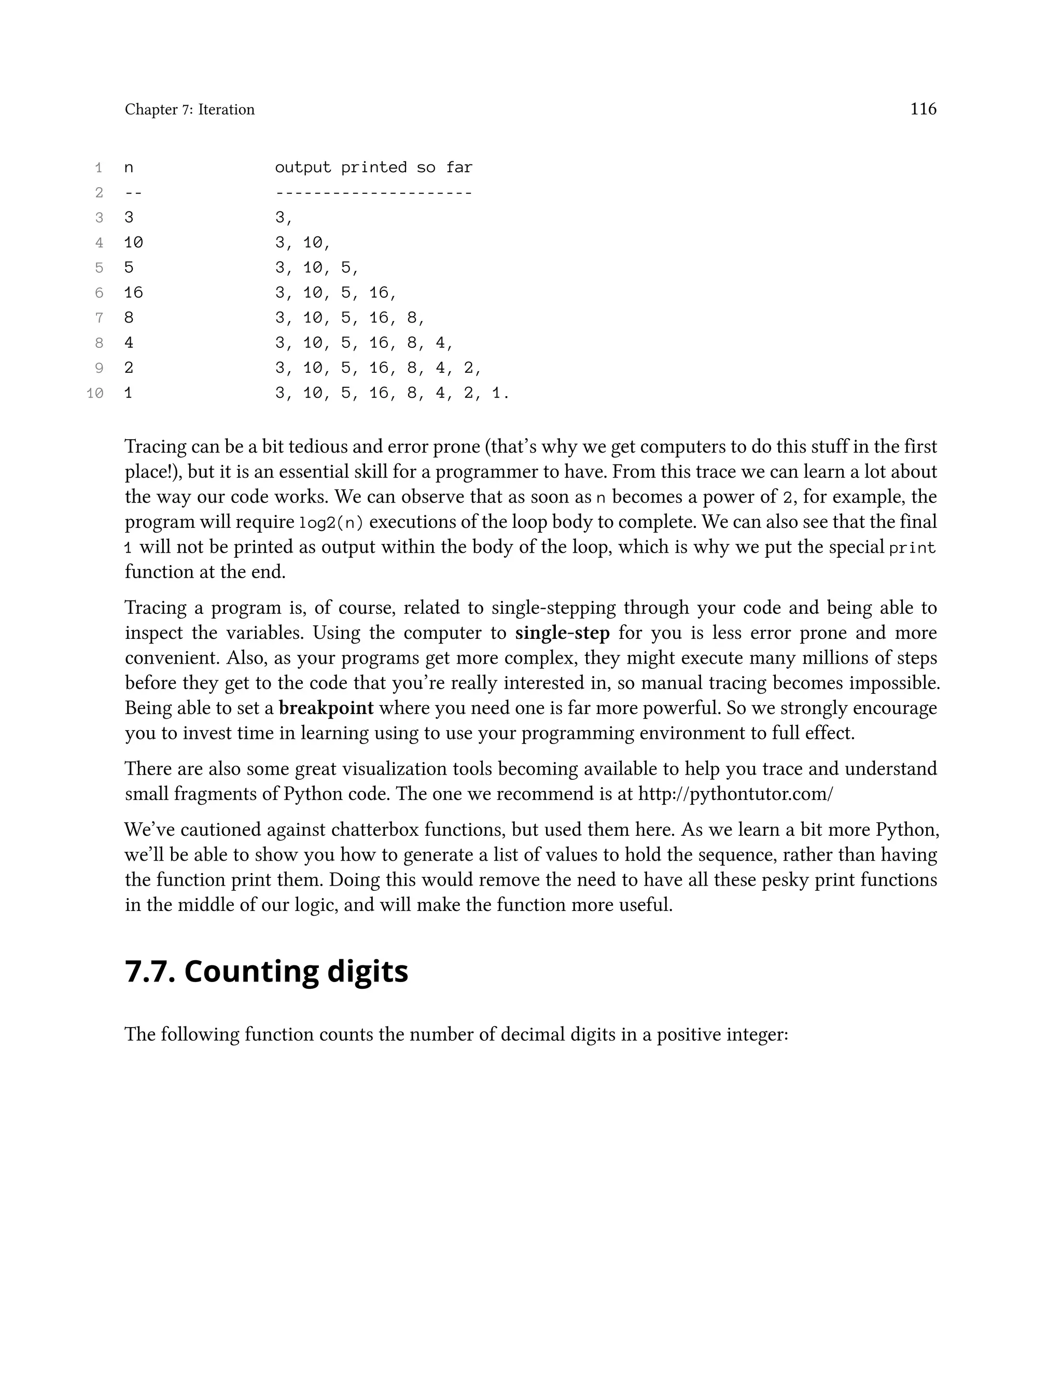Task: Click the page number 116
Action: (x=923, y=109)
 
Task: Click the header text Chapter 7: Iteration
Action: (x=189, y=109)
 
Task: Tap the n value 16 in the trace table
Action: (x=133, y=292)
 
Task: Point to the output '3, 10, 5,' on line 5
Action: (x=316, y=268)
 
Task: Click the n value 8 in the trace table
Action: (x=129, y=318)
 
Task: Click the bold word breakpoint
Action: (x=326, y=708)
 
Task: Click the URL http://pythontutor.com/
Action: (x=735, y=793)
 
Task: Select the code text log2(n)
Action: (x=331, y=522)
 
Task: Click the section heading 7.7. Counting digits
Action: (x=266, y=971)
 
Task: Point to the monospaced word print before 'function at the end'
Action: (x=912, y=548)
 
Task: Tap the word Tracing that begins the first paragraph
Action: (x=156, y=446)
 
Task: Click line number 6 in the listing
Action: (x=99, y=292)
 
